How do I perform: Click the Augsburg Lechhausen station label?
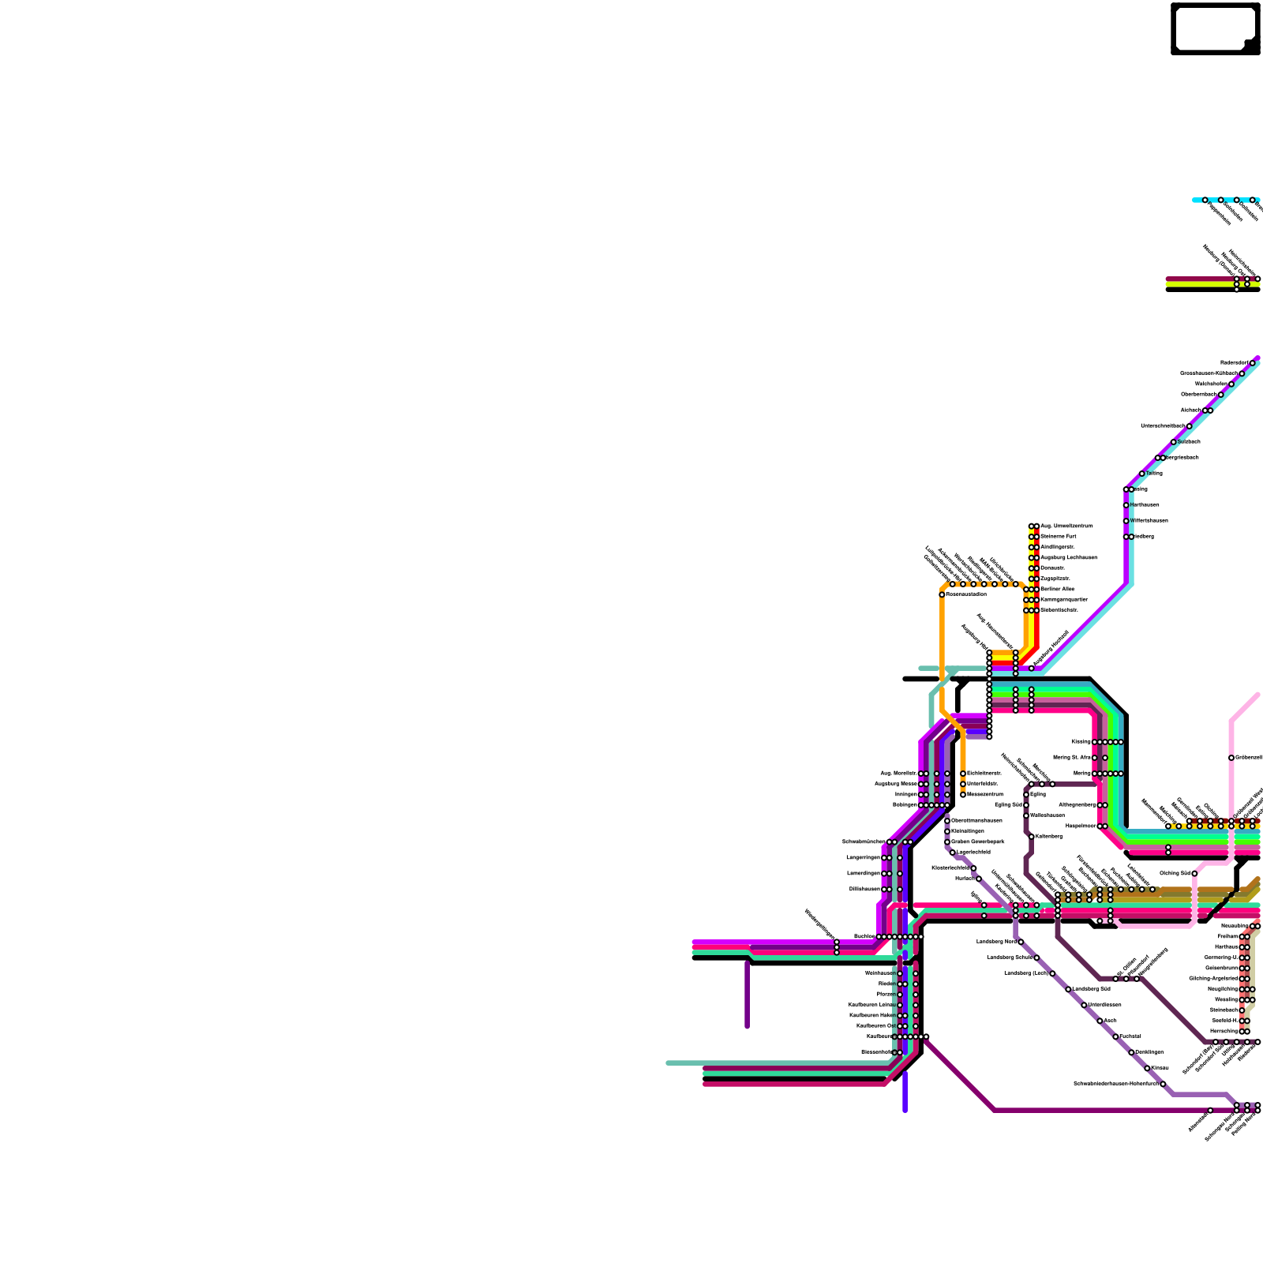1068,557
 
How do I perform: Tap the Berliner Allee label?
1057,589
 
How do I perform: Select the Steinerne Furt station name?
1058,536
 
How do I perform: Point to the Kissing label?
1081,742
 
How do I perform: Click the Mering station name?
1081,774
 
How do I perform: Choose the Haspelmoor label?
1081,826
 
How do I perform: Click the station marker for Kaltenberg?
1032,836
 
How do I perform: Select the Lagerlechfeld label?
973,852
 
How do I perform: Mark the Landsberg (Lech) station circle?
1052,973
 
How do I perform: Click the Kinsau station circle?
1147,1068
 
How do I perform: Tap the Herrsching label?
1224,1031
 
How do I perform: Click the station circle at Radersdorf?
1252,363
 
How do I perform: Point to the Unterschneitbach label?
1163,425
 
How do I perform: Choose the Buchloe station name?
864,936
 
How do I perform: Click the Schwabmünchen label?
863,841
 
